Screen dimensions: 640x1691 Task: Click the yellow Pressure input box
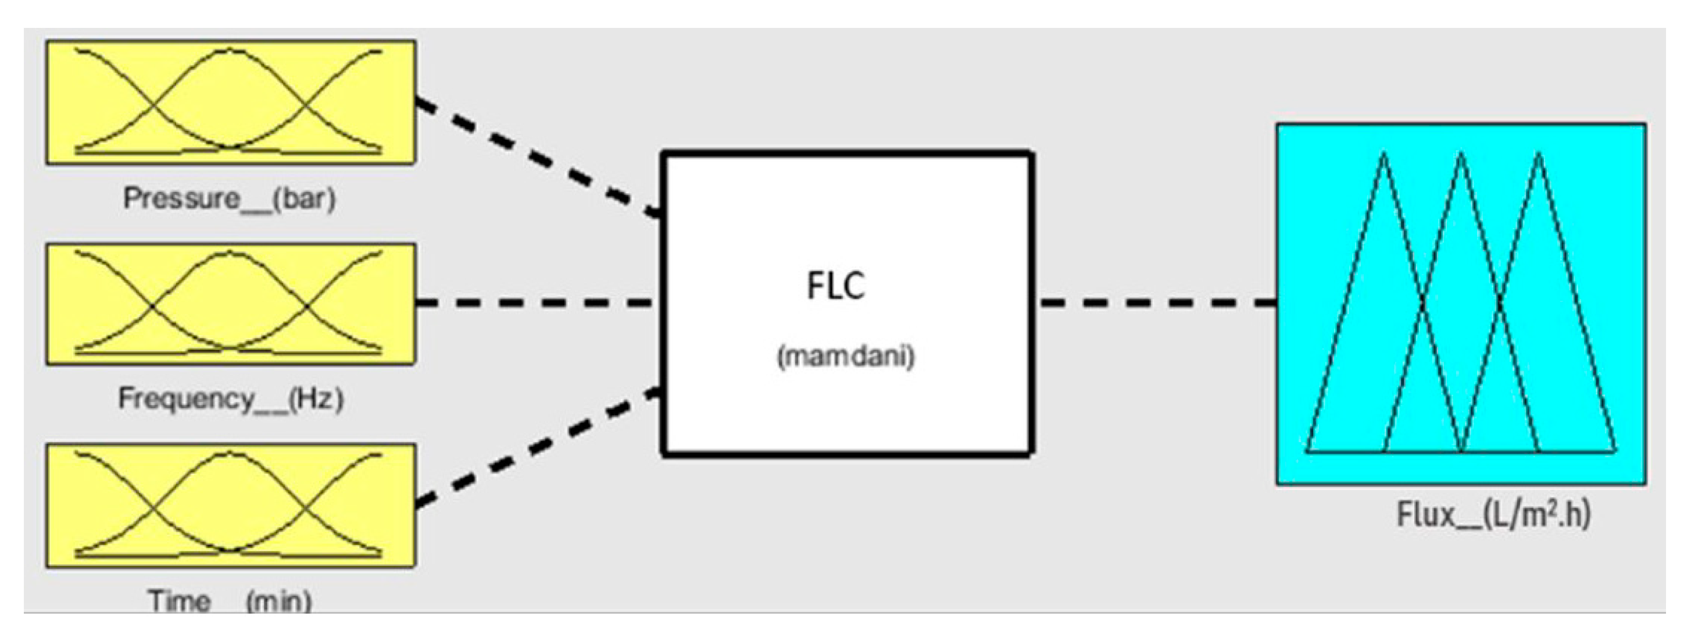pos(230,102)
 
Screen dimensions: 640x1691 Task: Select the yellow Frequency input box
pos(230,304)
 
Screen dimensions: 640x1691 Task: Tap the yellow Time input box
pos(230,504)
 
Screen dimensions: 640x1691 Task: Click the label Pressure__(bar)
pos(230,198)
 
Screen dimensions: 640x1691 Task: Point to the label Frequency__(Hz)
pos(230,399)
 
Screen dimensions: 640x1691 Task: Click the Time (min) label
pos(230,600)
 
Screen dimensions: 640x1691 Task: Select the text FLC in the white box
pos(836,286)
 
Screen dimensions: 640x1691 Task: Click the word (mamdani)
pos(845,356)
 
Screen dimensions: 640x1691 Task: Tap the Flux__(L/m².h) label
pos(1493,514)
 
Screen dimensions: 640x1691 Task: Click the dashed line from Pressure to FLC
pos(538,158)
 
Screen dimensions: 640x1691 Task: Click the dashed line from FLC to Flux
pos(1159,303)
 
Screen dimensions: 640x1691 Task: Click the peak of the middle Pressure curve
pos(228,51)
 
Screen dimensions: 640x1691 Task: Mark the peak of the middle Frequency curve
pos(228,253)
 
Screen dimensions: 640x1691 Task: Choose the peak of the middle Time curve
pos(228,453)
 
